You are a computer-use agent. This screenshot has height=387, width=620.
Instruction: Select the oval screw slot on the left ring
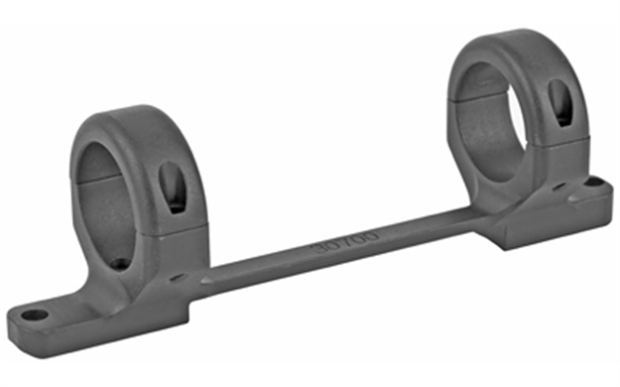coord(173,187)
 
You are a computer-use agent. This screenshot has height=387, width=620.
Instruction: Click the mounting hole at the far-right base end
coord(594,183)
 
